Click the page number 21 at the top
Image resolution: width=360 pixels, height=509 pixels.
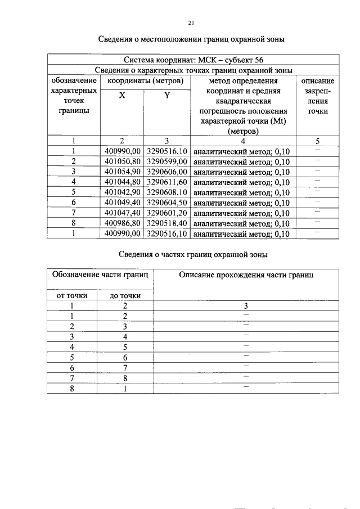click(191, 23)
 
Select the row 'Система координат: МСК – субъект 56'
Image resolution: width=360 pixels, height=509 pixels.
click(192, 60)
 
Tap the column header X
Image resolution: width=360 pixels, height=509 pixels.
click(121, 96)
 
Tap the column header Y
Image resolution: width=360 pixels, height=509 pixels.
click(166, 96)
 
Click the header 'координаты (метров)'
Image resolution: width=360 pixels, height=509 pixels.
click(145, 81)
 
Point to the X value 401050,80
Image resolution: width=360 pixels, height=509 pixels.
click(122, 161)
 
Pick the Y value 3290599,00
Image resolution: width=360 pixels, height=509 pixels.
click(166, 161)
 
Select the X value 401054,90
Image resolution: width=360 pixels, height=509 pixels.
click(122, 172)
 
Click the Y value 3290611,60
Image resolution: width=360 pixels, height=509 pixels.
click(166, 182)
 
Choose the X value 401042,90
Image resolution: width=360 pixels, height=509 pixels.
click(122, 192)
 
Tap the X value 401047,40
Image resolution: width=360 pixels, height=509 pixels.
click(122, 213)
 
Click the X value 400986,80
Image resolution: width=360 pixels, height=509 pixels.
click(122, 223)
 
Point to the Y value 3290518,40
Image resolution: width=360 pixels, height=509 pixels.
click(166, 223)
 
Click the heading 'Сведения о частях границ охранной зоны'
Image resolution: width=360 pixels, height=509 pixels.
click(192, 254)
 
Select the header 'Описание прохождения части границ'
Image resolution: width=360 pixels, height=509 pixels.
click(246, 275)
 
